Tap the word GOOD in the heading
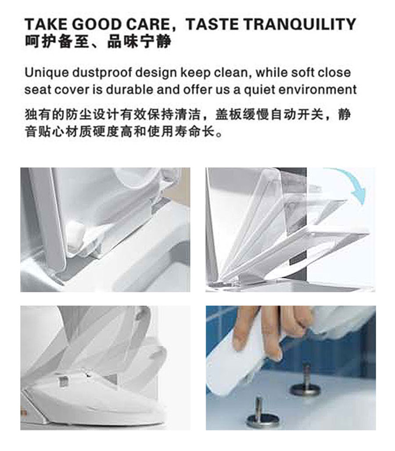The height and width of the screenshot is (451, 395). point(97,24)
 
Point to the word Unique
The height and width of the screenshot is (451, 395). point(47,73)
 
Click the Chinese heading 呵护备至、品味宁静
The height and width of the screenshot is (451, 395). point(98,41)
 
